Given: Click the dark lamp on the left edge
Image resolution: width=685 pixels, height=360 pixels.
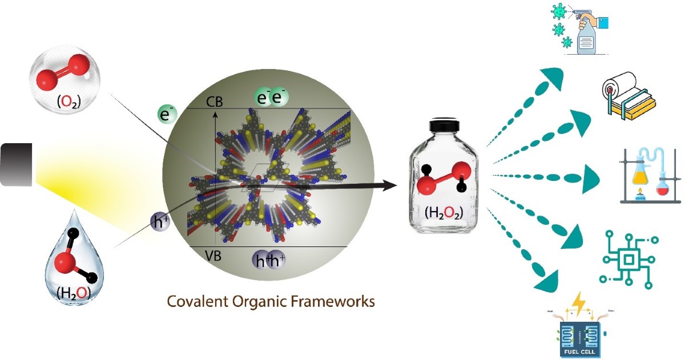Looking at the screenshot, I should point(16,164).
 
